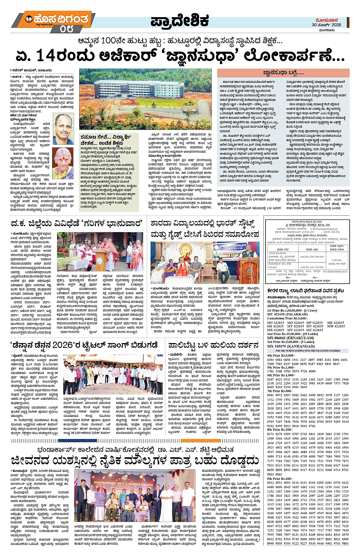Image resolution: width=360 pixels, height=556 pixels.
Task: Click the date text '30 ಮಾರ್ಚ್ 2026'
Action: [326, 24]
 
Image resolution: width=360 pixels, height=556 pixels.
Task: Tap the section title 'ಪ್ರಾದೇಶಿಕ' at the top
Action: [179, 21]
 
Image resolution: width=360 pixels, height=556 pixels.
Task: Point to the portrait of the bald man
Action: [63, 129]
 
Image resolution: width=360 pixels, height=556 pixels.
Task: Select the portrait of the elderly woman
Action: [63, 161]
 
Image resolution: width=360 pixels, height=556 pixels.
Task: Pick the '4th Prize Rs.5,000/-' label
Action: [281, 355]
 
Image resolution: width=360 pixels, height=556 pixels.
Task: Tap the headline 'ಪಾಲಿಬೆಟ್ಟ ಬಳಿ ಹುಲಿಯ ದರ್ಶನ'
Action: [213, 345]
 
